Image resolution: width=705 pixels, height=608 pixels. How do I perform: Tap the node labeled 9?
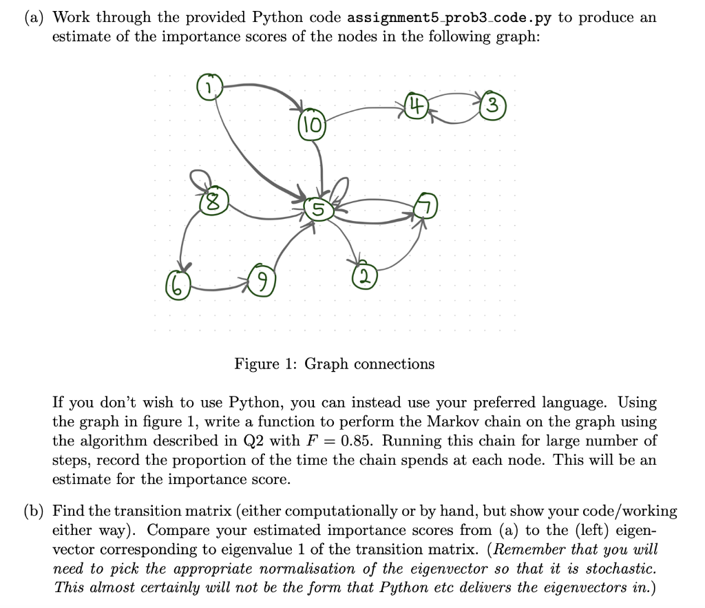(260, 281)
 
